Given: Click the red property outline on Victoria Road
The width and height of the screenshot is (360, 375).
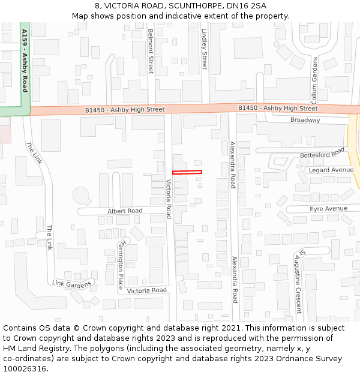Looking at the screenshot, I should (x=187, y=172).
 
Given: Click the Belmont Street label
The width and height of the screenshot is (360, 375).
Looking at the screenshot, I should (x=151, y=51).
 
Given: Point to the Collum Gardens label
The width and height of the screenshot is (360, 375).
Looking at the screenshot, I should (x=314, y=80).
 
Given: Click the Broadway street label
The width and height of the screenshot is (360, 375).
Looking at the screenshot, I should (x=305, y=120).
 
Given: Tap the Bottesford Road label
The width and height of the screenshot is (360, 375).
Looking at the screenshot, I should (x=322, y=153).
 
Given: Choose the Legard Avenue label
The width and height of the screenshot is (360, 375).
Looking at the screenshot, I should (x=331, y=170).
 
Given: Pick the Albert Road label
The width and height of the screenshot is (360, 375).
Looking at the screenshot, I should (x=125, y=211).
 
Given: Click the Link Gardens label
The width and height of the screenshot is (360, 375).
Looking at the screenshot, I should (x=72, y=283).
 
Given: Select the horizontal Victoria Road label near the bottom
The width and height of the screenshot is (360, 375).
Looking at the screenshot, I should (x=147, y=290).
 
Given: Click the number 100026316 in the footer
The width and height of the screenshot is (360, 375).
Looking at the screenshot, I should (x=31, y=368).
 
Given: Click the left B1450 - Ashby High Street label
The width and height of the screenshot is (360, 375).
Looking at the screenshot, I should (x=125, y=110).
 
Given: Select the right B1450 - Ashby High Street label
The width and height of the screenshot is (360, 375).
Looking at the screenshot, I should (x=278, y=109).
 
